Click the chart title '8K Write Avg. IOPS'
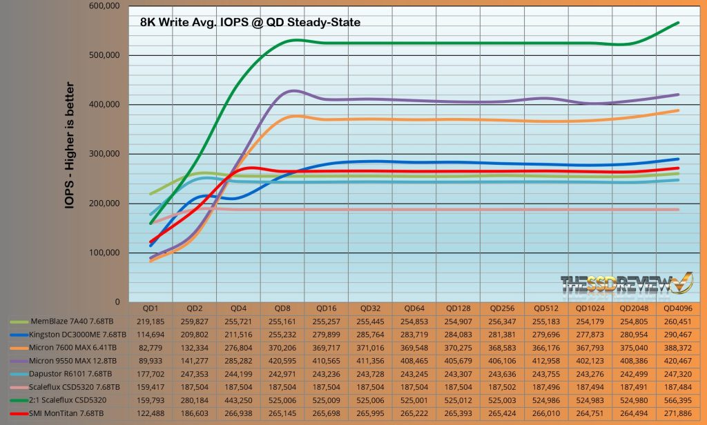pos(250,22)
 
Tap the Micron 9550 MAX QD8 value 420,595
pos(281,361)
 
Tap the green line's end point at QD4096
pos(679,23)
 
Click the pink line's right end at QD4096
pos(679,209)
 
